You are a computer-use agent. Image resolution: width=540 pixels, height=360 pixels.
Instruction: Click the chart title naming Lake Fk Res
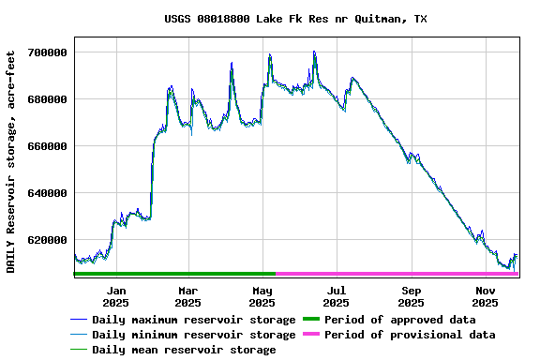tap(295, 19)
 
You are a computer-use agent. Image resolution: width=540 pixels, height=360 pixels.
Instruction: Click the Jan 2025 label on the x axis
tap(115, 296)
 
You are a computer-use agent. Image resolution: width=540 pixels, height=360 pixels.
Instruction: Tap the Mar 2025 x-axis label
tap(187, 296)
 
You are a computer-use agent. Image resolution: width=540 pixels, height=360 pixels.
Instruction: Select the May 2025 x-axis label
tap(262, 296)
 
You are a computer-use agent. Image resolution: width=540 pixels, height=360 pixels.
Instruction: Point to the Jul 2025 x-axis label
tap(337, 296)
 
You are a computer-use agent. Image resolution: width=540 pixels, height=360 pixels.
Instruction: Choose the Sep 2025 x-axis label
tap(411, 296)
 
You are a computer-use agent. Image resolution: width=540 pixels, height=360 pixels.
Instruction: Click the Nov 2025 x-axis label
tap(485, 296)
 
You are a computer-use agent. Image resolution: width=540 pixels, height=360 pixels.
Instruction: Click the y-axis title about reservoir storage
tap(11, 162)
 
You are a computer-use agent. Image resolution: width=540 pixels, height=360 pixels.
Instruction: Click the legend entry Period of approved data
tap(399, 320)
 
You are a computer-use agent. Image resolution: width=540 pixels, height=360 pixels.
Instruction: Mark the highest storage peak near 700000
tap(314, 52)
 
